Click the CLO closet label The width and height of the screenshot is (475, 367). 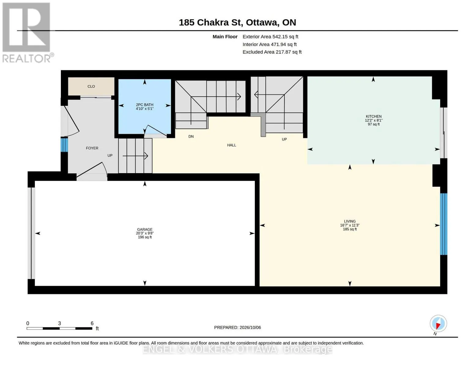tap(91, 86)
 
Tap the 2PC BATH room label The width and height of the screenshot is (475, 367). tap(144, 105)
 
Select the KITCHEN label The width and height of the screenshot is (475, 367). tap(373, 117)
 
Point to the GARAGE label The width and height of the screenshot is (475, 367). tap(145, 229)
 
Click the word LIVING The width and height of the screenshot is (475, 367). tap(350, 221)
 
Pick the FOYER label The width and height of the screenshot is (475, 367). tap(92, 148)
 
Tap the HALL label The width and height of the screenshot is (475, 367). tap(232, 145)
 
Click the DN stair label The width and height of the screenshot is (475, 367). tap(191, 137)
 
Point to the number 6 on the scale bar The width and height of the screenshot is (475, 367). tap(92, 323)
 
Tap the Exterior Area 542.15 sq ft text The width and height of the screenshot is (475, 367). tap(270, 37)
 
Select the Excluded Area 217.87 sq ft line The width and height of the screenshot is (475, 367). tap(272, 52)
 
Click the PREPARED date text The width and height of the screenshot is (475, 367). tap(237, 328)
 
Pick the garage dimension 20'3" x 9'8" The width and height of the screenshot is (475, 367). tap(145, 233)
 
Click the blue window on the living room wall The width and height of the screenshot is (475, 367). tap(443, 224)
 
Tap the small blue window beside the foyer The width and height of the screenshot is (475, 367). tap(64, 144)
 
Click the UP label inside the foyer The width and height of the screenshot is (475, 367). tap(110, 156)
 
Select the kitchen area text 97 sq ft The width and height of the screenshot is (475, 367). tap(373, 124)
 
